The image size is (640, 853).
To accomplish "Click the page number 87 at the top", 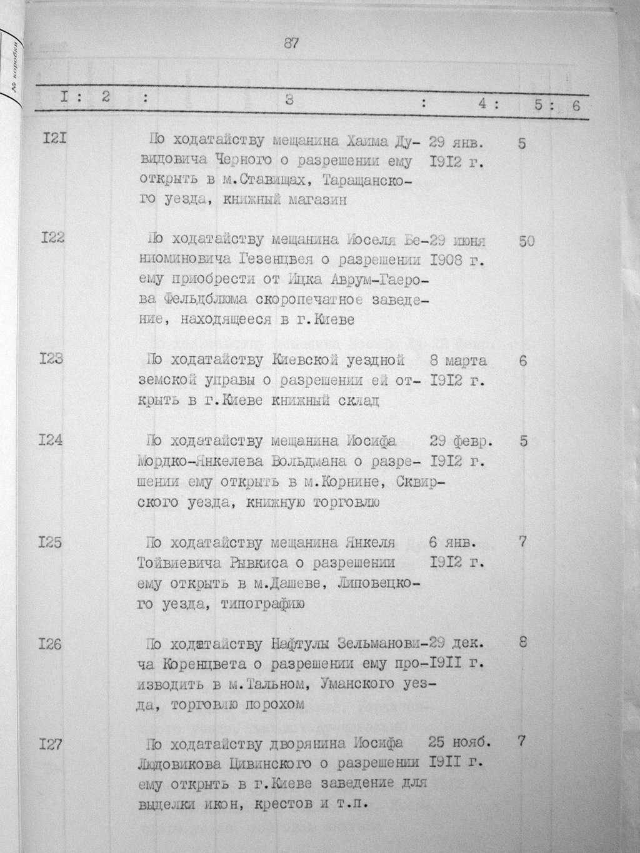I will pyautogui.click(x=291, y=43).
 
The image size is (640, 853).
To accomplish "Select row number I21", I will pyautogui.click(x=55, y=137).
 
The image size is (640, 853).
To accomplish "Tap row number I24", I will pyautogui.click(x=51, y=441).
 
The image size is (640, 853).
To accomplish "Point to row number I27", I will pyautogui.click(x=50, y=744).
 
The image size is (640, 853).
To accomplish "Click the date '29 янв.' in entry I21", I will pyautogui.click(x=457, y=143).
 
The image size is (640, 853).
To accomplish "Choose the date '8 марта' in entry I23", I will pyautogui.click(x=458, y=361).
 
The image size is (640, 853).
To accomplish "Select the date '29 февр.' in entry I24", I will pyautogui.click(x=461, y=442).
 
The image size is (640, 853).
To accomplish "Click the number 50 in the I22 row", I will pyautogui.click(x=526, y=241).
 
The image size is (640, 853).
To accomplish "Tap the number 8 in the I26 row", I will pyautogui.click(x=523, y=641).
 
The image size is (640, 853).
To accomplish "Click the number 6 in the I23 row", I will pyautogui.click(x=522, y=361).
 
